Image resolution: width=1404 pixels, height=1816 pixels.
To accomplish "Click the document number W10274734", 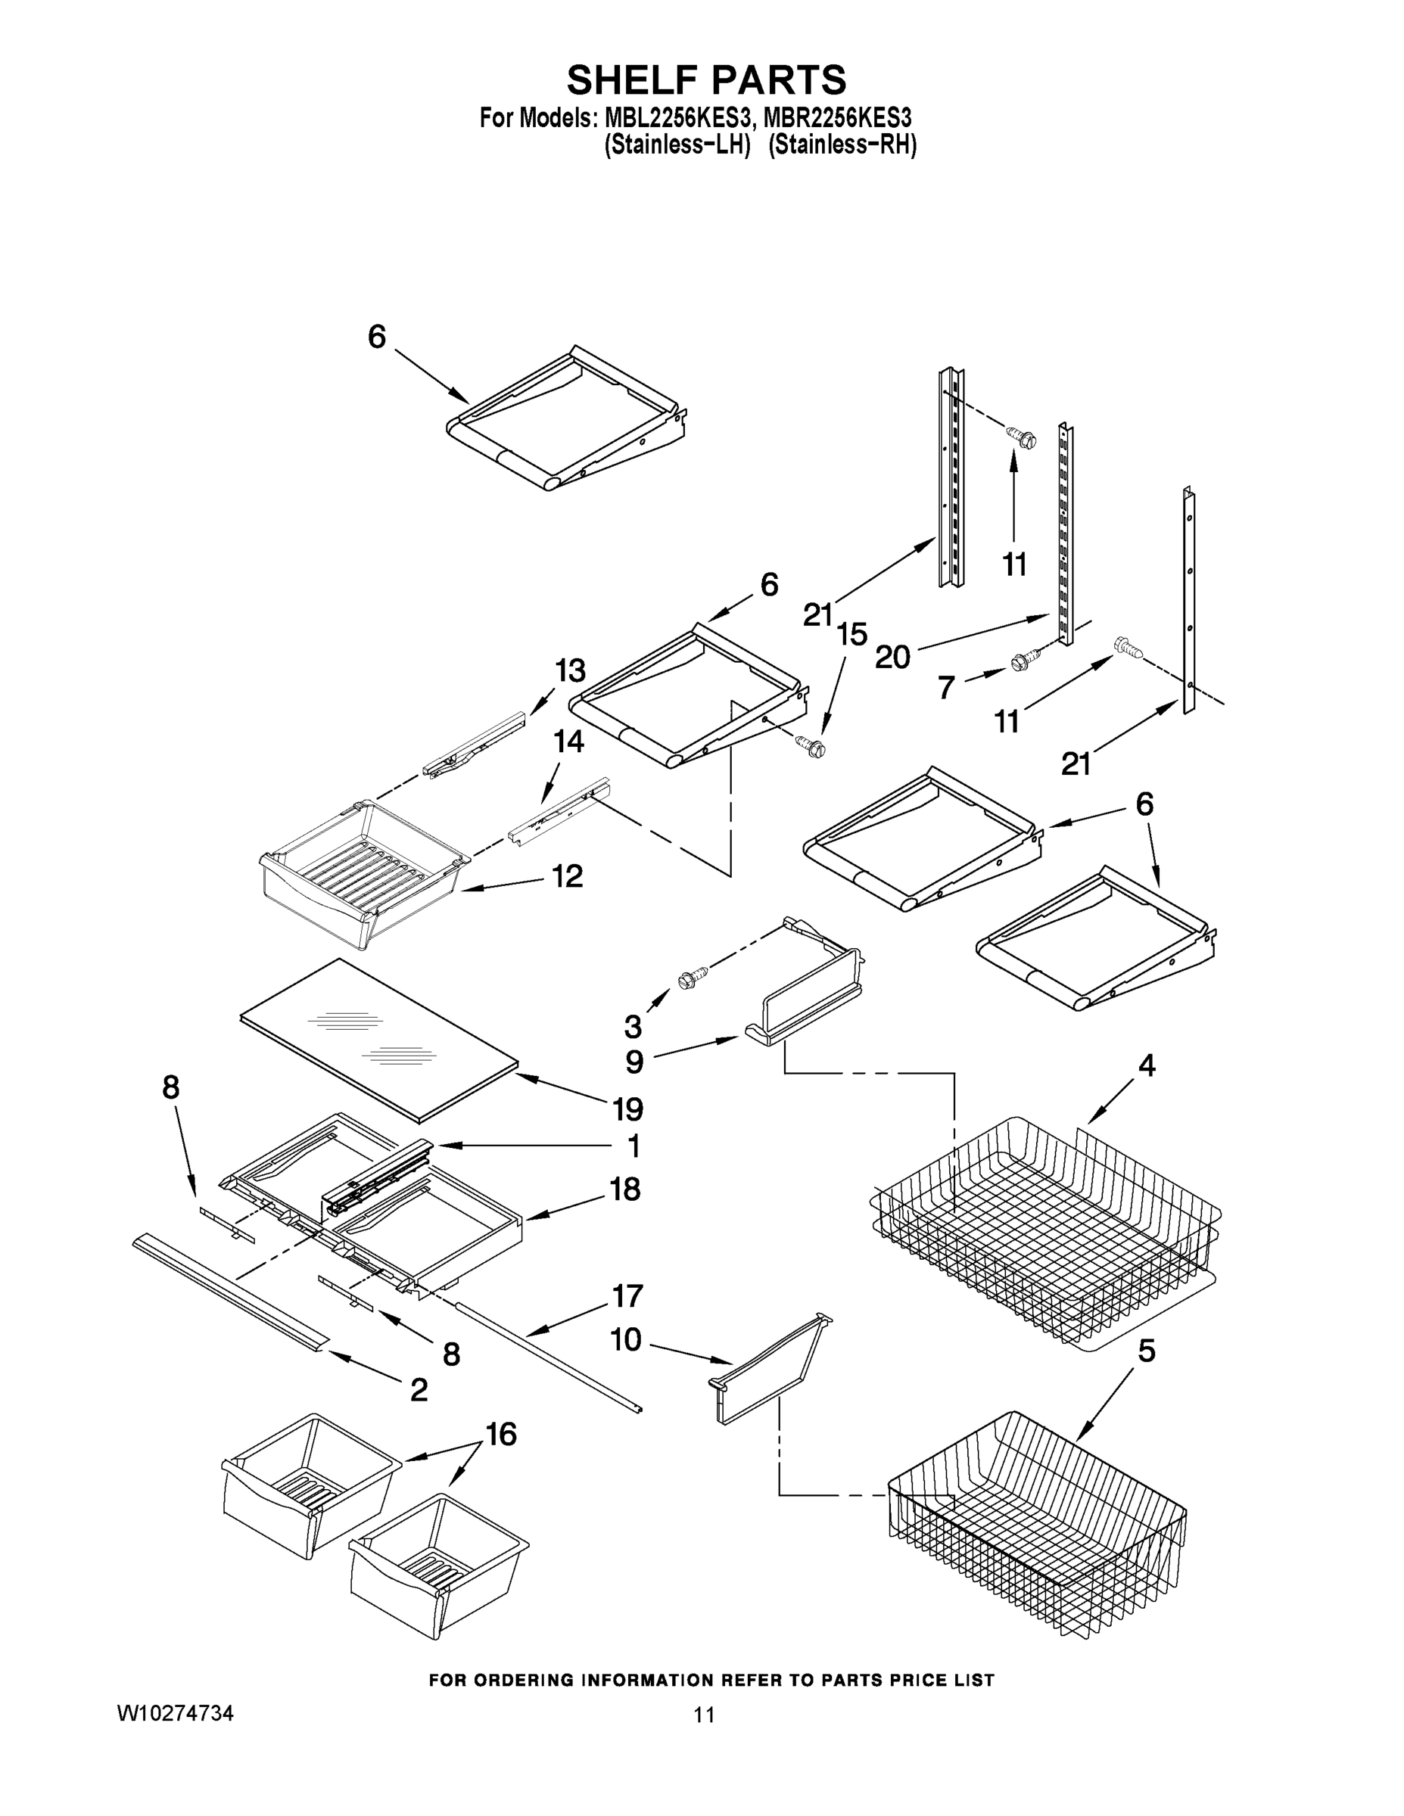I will [x=175, y=1712].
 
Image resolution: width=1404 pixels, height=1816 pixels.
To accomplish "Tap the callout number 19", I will [x=627, y=1109].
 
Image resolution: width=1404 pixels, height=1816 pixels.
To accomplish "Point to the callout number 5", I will [x=1146, y=1351].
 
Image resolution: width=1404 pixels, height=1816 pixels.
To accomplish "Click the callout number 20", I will [x=892, y=658].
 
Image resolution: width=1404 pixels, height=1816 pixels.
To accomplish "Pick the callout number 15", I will [x=851, y=633].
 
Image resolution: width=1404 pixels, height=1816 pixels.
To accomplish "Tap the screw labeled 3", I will [x=692, y=978].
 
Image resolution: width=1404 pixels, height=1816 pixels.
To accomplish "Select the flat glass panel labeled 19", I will [x=378, y=1040].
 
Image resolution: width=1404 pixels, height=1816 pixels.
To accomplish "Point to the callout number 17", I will [x=627, y=1295].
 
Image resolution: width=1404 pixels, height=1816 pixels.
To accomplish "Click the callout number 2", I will [x=419, y=1388].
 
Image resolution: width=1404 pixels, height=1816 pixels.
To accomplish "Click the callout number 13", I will [x=571, y=670].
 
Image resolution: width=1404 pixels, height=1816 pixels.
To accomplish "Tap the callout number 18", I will [x=624, y=1188].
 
